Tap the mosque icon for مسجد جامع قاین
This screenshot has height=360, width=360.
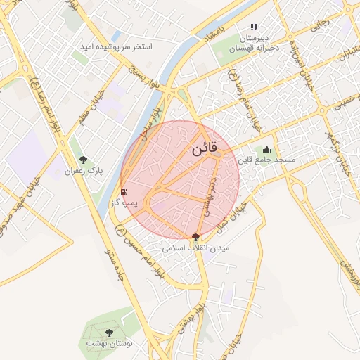266,149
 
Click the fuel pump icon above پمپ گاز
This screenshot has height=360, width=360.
124,192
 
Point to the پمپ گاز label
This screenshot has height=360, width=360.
124,202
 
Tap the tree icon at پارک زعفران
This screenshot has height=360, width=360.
84,160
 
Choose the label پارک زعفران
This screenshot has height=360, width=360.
84,171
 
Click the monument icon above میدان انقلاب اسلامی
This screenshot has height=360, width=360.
196,237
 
